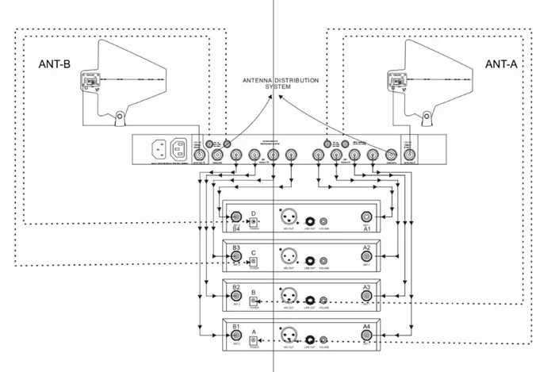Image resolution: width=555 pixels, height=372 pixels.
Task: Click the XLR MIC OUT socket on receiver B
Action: point(288,297)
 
